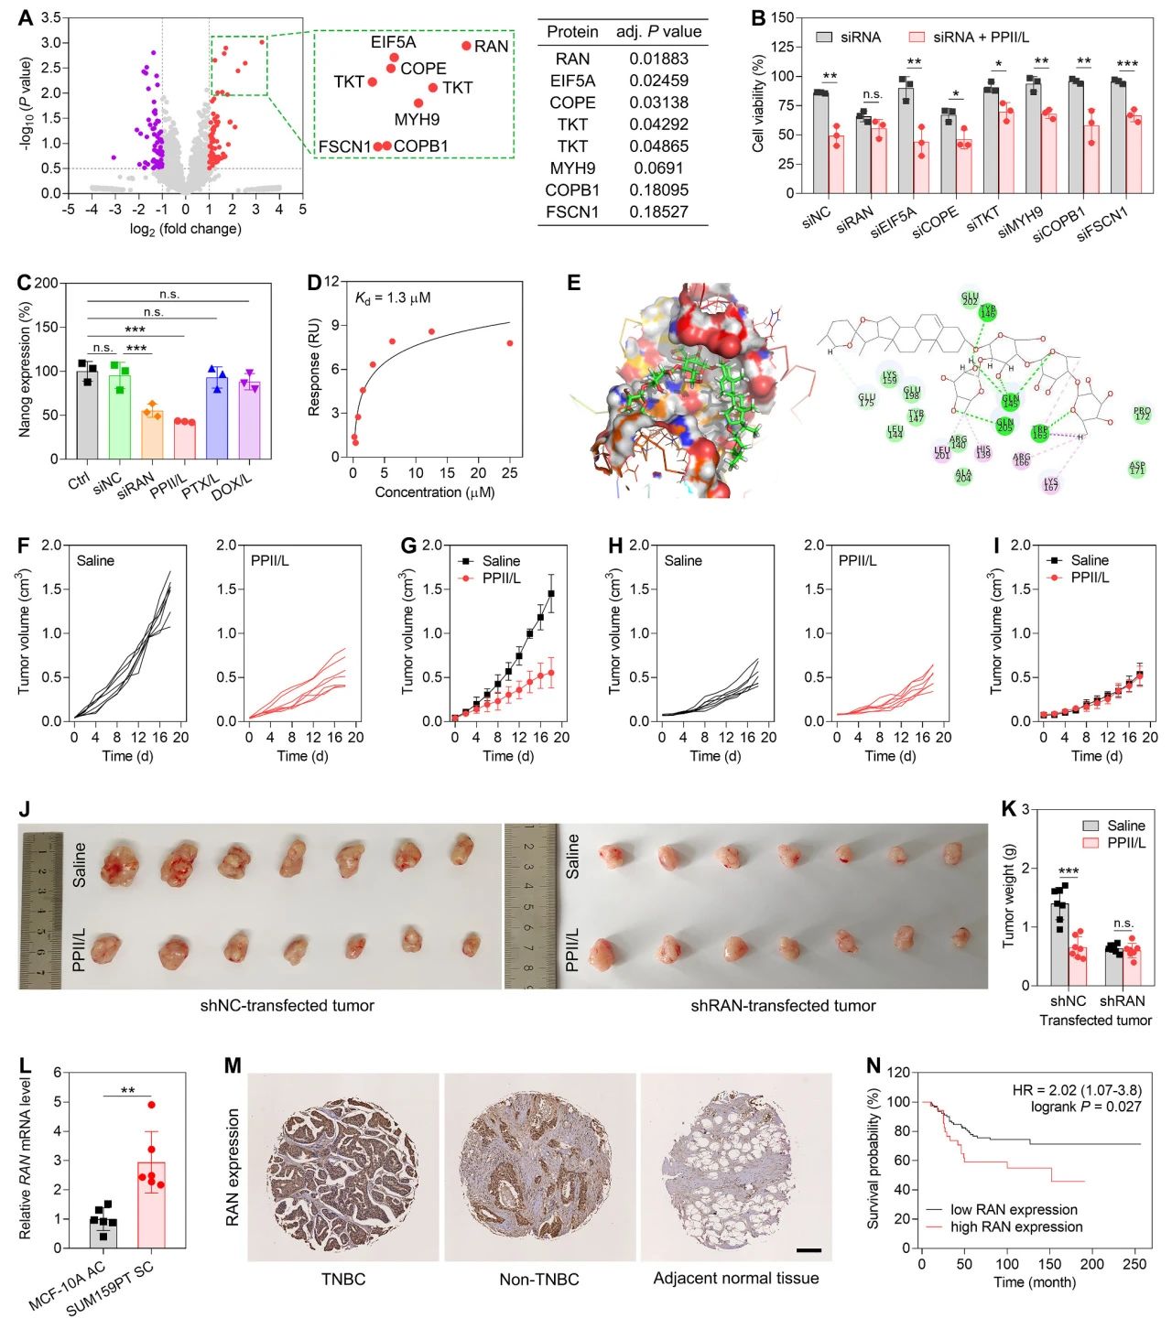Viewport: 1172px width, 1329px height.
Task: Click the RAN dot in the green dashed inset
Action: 466,46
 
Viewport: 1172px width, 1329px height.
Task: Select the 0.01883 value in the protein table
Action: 658,59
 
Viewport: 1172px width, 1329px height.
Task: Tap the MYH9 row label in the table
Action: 572,168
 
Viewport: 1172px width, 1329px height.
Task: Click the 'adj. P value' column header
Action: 658,32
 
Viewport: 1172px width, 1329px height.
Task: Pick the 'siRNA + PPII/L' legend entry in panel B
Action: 980,38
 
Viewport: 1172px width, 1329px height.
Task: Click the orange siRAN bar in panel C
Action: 152,435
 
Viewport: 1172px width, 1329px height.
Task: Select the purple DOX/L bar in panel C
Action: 249,421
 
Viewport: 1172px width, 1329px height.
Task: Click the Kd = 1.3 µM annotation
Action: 393,297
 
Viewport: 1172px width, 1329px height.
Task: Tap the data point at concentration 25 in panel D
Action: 510,343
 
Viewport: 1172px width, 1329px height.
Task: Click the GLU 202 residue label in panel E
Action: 970,299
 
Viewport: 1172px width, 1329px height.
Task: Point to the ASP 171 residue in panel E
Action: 1136,468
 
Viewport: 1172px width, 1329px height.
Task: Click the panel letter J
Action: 25,809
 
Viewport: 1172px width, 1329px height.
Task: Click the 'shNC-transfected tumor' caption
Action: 288,1006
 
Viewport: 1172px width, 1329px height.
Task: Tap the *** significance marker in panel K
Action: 1068,872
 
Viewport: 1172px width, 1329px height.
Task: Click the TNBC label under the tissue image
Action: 343,1279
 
